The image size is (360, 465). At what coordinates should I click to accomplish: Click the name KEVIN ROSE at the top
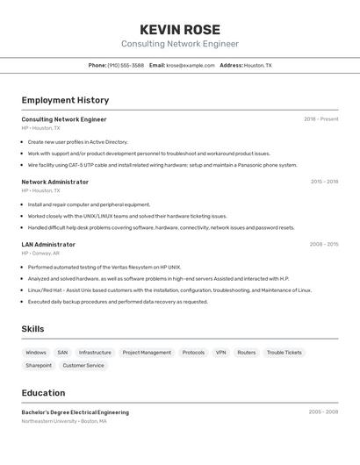click(180, 30)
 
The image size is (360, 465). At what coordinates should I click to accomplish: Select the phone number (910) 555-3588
click(126, 65)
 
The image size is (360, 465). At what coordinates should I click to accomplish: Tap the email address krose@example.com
click(191, 65)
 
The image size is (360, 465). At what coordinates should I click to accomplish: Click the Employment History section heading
click(65, 100)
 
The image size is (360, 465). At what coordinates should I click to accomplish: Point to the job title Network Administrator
click(54, 182)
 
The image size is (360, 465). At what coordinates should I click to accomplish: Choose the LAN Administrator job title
click(48, 245)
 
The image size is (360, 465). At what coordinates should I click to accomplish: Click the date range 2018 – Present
click(320, 119)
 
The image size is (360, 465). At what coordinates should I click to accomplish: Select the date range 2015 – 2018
click(324, 182)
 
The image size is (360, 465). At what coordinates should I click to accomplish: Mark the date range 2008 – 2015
click(323, 245)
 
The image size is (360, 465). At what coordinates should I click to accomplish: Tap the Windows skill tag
click(36, 353)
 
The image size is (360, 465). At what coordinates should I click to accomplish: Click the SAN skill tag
click(62, 353)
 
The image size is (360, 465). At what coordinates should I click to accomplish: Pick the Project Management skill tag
click(147, 353)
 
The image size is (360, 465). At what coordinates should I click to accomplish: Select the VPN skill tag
click(220, 353)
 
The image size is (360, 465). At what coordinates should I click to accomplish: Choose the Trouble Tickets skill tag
click(284, 353)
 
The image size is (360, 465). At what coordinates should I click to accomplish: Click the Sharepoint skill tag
click(39, 365)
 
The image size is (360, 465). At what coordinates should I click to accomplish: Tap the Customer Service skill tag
click(83, 365)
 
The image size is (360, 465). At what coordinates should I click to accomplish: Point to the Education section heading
click(43, 393)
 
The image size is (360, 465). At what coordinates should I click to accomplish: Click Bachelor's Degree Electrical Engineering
click(75, 412)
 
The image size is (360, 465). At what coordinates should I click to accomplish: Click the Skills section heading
click(33, 329)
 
